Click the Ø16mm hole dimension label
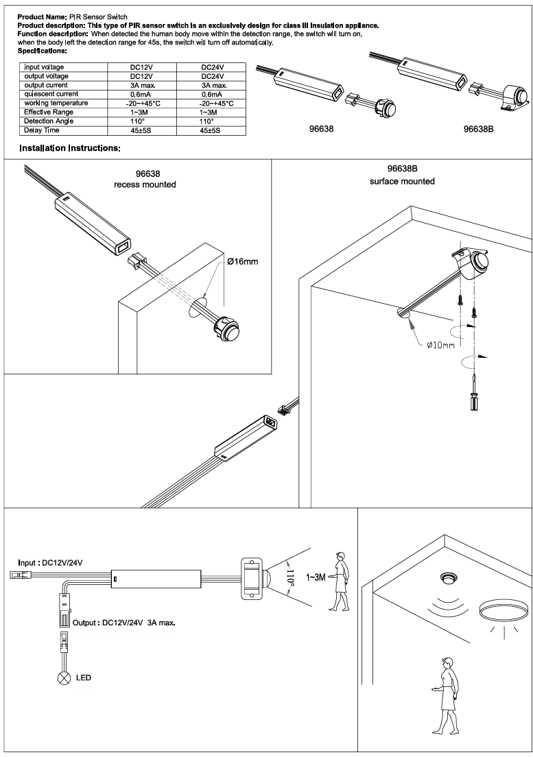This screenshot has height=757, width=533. tap(242, 262)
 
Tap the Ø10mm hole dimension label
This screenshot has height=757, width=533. tap(440, 345)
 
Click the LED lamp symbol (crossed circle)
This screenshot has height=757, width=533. tap(65, 678)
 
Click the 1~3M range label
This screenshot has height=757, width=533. tap(316, 578)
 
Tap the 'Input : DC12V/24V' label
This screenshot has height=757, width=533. tap(50, 562)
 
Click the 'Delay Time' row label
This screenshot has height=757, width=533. tap(42, 130)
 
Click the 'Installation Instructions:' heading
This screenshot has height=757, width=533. tap(70, 148)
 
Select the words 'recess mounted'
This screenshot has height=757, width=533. tap(145, 185)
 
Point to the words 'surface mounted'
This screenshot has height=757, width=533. tap(402, 182)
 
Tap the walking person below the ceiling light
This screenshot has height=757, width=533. tap(445, 693)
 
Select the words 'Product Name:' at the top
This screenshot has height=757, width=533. tap(41, 15)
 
